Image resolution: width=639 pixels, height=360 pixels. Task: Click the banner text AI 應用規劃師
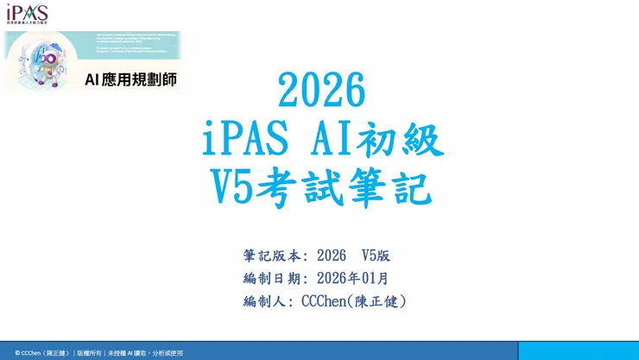[x=130, y=79]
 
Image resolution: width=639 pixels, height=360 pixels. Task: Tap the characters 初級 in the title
[x=406, y=137]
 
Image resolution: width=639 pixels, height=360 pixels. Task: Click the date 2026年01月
[x=352, y=278]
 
